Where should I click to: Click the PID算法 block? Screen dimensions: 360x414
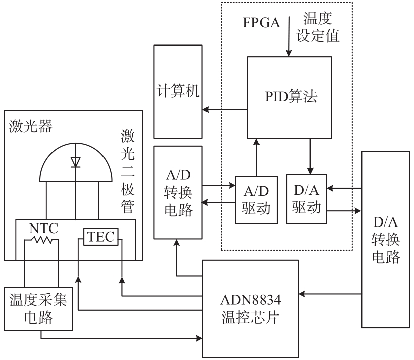click(x=289, y=97)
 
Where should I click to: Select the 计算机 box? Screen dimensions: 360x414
click(x=177, y=92)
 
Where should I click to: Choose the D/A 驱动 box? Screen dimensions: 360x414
click(x=306, y=199)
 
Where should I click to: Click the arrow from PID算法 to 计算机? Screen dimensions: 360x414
click(x=224, y=110)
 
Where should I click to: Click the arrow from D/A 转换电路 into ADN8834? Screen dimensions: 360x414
click(x=330, y=292)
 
